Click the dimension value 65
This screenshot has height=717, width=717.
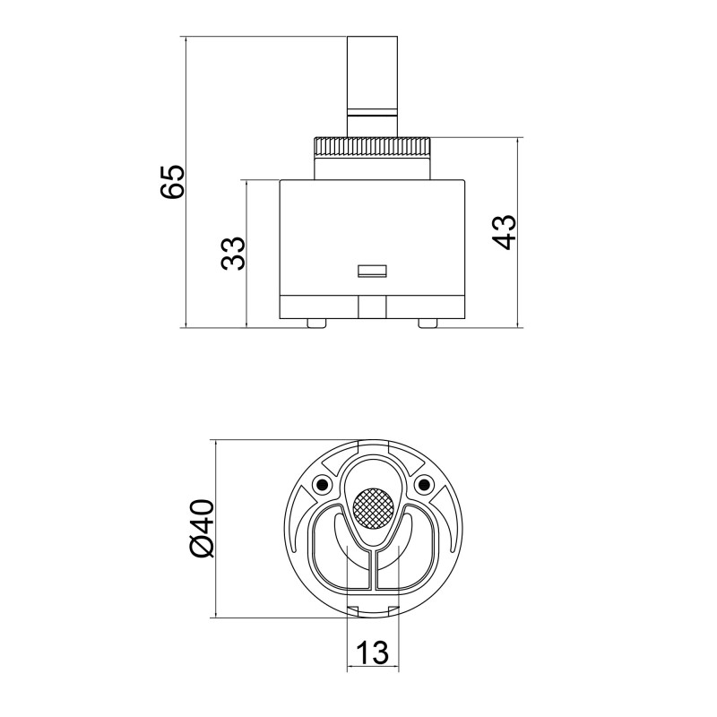171,182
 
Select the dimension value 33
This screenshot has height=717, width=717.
233,254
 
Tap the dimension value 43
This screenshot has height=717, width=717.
504,232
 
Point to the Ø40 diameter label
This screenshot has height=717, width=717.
203,528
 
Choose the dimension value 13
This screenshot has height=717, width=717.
371,652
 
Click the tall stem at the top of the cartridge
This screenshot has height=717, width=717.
371,72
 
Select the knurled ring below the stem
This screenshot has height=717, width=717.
371,145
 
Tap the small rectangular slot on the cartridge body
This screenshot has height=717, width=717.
371,270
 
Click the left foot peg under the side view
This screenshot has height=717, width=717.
315,322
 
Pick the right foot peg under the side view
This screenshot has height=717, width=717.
428,322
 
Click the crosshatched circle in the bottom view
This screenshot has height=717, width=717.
371,508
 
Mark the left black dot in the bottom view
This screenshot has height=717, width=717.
319,486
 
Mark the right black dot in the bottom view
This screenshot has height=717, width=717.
423,486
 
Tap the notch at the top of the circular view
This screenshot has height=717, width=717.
371,445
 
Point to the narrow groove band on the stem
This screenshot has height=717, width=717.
371,113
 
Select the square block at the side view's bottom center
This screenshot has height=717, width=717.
371,307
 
